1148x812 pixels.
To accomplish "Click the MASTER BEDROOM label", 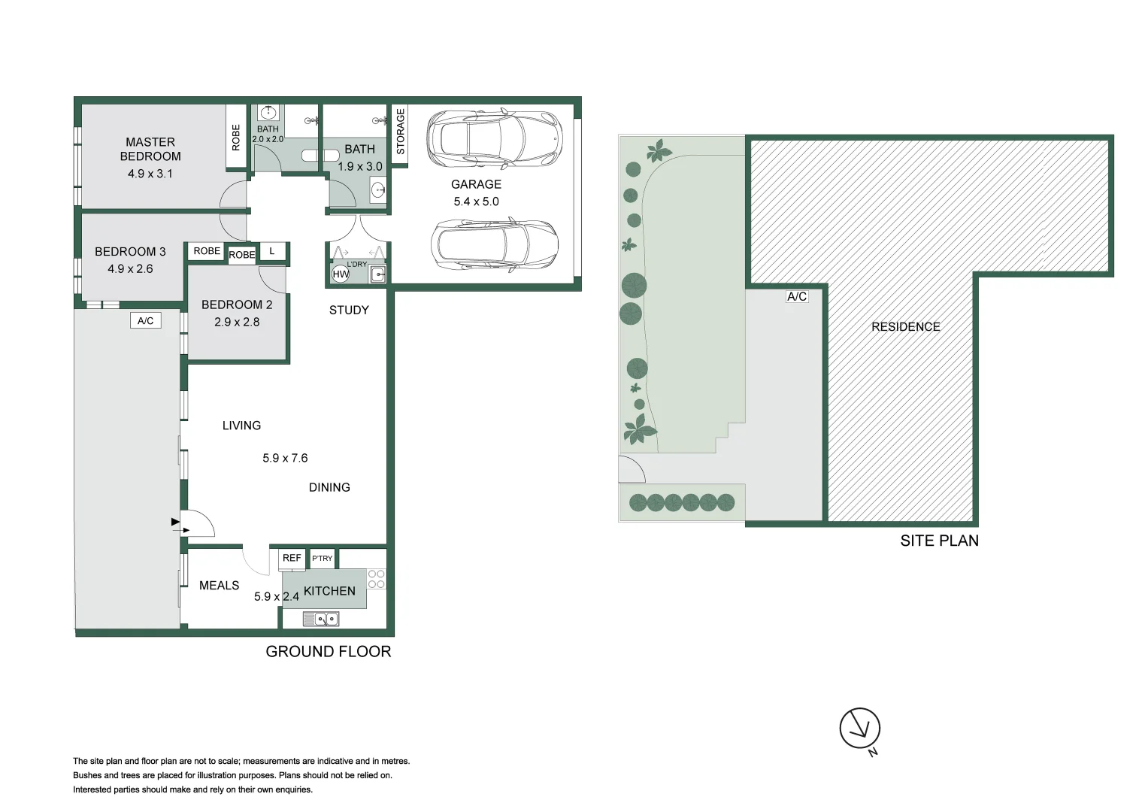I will coord(150,149).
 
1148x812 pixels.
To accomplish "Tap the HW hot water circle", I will coord(341,274).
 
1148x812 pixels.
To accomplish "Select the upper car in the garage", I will coord(494,139).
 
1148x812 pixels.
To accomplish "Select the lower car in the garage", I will coord(494,246).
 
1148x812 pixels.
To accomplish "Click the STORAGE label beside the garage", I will coord(400,132).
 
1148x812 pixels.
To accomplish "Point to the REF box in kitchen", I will coord(292,558).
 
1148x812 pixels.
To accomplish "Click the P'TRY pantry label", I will coord(322,558).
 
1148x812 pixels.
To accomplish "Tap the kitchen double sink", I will coord(321,619).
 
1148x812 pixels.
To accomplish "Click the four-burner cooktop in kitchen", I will coord(376,579).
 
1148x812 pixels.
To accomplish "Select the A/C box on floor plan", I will coord(145,321).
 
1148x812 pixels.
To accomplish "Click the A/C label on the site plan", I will coord(797,297).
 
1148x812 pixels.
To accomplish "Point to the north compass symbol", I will coord(859,728).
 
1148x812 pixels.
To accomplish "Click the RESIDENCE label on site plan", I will coord(905,326).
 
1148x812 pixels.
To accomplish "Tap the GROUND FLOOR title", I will coord(329,652).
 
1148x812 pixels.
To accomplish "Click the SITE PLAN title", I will coord(939,541).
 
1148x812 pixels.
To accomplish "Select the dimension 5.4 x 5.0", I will coord(476,201).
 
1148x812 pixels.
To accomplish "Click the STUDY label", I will coord(349,310).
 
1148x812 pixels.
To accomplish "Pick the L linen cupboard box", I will coord(272,252).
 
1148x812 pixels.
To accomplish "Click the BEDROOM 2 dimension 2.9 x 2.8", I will coord(237,322).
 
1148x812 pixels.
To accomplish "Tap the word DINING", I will coord(329,487).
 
